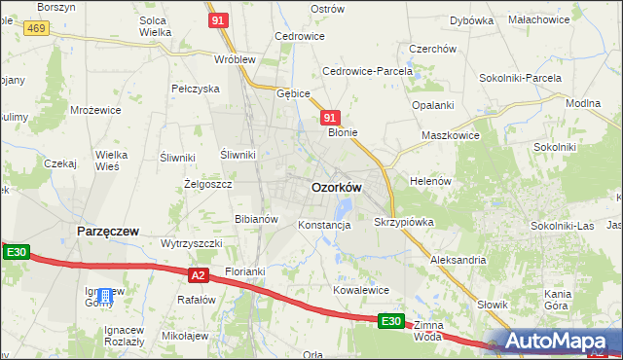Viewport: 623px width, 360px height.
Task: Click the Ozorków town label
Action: coord(337,187)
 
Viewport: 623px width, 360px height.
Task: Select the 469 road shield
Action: coord(37,29)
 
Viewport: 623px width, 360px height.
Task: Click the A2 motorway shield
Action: coord(199,275)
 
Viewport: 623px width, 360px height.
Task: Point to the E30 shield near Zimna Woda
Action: coord(390,320)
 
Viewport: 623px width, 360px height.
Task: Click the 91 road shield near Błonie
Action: coord(330,117)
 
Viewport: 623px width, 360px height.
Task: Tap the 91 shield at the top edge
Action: coord(219,19)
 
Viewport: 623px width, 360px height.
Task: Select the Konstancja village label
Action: coord(324,225)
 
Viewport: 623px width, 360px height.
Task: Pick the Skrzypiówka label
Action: coord(404,222)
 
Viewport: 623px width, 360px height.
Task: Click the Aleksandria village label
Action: coord(458,261)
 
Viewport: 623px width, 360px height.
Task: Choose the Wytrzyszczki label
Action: coord(192,242)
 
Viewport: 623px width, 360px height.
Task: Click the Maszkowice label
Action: coord(450,135)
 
